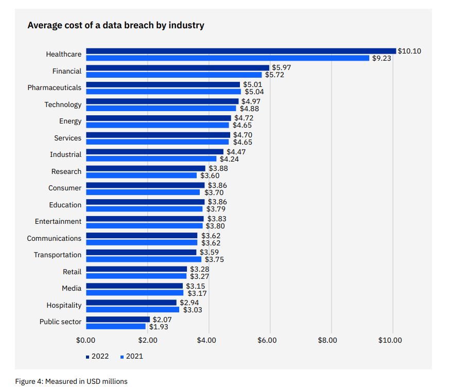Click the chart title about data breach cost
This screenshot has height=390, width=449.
pyautogui.click(x=116, y=25)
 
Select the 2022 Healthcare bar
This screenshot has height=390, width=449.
pyautogui.click(x=240, y=51)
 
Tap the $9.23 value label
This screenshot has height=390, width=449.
pyautogui.click(x=382, y=58)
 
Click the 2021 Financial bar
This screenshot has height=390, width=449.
pyautogui.click(x=174, y=75)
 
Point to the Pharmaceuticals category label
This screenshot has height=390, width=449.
pyautogui.click(x=54, y=88)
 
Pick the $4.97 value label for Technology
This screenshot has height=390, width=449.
pyautogui.click(x=251, y=101)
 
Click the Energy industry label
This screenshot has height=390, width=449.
pyautogui.click(x=70, y=121)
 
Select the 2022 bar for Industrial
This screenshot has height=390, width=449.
pyautogui.click(x=154, y=151)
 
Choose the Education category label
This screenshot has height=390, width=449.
pyautogui.click(x=65, y=205)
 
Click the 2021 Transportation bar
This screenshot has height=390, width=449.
pyautogui.click(x=143, y=259)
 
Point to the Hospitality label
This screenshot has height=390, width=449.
pyautogui.click(x=64, y=305)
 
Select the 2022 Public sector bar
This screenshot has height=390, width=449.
pyautogui.click(x=117, y=319)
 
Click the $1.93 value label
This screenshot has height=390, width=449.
pyautogui.click(x=159, y=327)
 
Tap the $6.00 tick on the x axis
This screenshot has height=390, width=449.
pyautogui.click(x=267, y=340)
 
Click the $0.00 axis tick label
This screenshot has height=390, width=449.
pyautogui.click(x=87, y=340)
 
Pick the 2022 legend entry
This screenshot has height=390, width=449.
pyautogui.click(x=97, y=356)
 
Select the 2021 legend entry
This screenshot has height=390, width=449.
pyautogui.click(x=131, y=356)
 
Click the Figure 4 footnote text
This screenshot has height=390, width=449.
pyautogui.click(x=71, y=381)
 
